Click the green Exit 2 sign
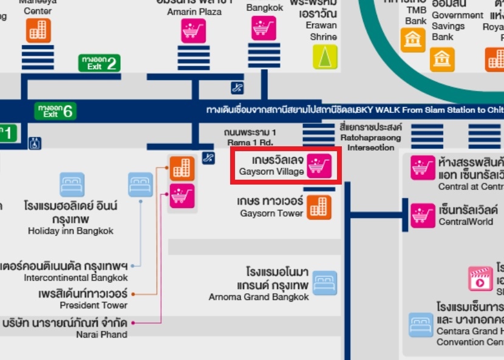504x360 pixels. coord(100,63)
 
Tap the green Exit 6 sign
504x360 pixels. coord(55,111)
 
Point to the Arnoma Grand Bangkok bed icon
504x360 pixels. coord(324,283)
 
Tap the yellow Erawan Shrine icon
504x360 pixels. coord(325,56)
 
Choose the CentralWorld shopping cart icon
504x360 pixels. coord(423,216)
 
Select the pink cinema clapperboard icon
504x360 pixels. coord(480,279)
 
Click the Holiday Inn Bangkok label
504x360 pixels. coord(70,217)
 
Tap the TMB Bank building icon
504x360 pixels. coord(413,40)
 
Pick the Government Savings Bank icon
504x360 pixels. coord(442,59)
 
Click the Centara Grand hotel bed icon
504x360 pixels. coord(421,325)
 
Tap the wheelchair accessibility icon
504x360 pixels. coord(35,143)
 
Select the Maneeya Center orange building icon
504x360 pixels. coord(38,30)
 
